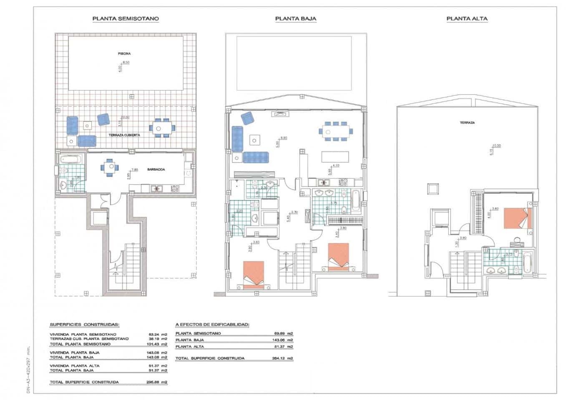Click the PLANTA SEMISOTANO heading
click(x=126, y=19)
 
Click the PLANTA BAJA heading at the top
click(x=296, y=19)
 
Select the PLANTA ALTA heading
click(x=467, y=19)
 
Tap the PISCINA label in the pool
click(x=124, y=54)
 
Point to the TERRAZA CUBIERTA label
click(x=124, y=135)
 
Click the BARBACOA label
click(x=156, y=170)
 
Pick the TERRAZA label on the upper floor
click(x=467, y=123)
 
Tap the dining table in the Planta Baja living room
click(x=336, y=131)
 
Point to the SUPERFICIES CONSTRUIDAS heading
click(x=85, y=325)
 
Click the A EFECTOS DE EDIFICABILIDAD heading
click(x=212, y=324)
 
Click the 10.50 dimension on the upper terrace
click(x=496, y=145)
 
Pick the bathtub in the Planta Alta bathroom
click(x=527, y=262)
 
